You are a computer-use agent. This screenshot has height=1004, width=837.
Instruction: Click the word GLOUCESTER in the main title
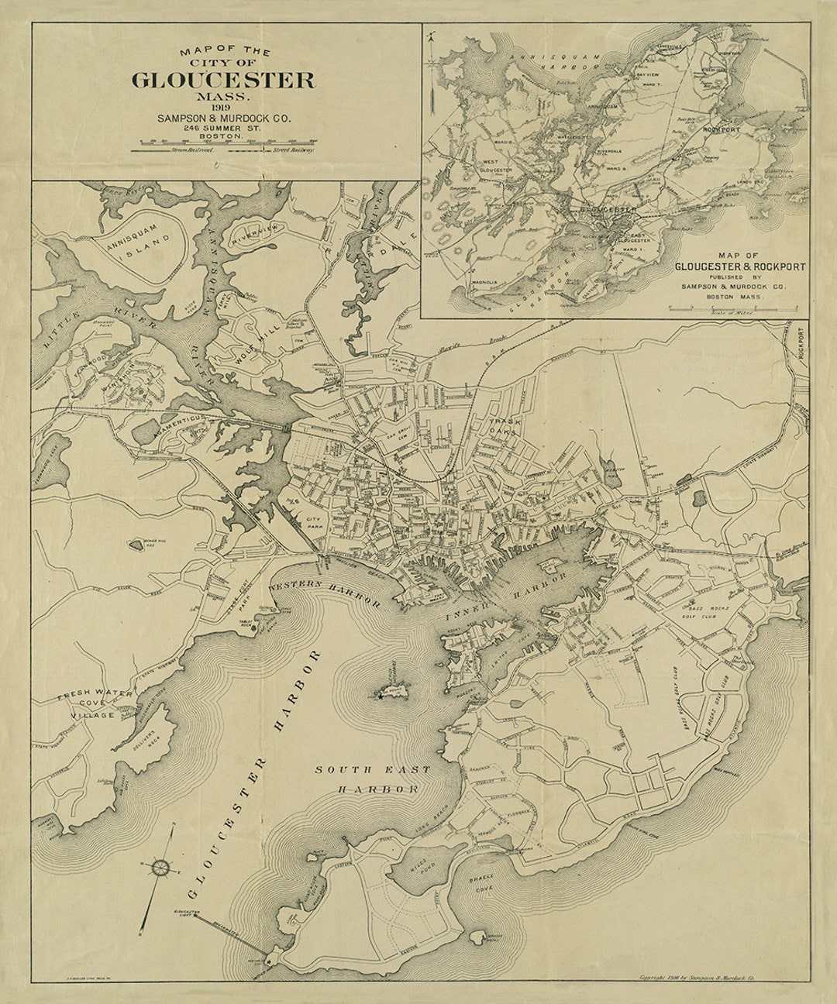pyautogui.click(x=224, y=80)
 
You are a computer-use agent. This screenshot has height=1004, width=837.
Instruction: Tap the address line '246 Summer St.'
pyautogui.click(x=224, y=127)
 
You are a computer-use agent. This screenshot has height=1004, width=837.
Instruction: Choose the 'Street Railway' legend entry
pyautogui.click(x=292, y=150)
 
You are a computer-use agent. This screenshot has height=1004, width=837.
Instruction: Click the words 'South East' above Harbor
pyautogui.click(x=367, y=770)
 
